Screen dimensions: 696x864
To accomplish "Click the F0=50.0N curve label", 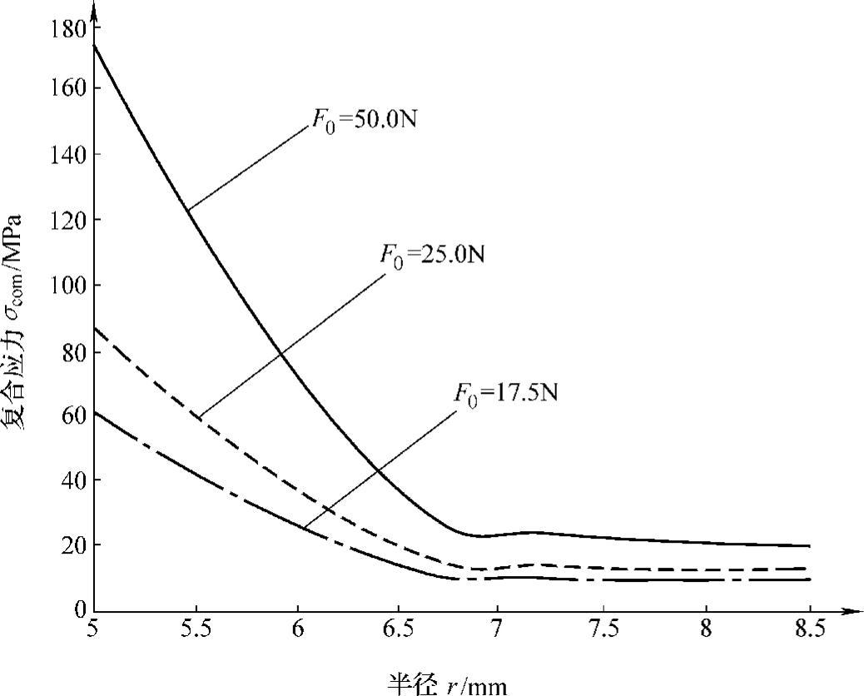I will [x=364, y=120].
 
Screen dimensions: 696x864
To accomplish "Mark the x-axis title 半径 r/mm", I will [x=447, y=683].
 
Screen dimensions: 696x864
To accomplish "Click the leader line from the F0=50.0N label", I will [x=247, y=167].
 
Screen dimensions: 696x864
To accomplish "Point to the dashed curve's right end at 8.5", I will [x=808, y=569].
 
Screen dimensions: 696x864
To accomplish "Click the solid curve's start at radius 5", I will [x=95, y=46].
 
